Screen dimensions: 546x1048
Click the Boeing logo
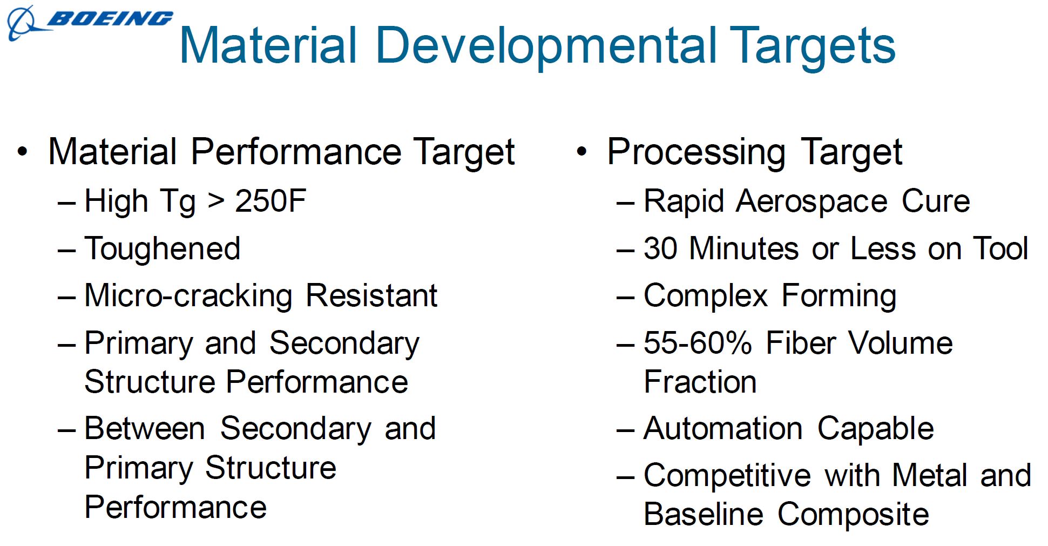(x=89, y=22)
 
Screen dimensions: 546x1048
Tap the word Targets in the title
(x=815, y=46)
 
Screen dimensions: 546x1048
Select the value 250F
(x=271, y=201)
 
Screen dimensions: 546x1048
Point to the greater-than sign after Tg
(x=215, y=201)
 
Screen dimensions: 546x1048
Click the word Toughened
(x=163, y=249)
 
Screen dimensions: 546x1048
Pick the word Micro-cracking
(x=188, y=296)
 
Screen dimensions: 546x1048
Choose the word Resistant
(x=371, y=296)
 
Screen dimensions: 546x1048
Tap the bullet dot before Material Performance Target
(x=22, y=152)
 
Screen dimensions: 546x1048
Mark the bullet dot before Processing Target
(x=581, y=152)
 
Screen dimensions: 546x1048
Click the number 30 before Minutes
(x=660, y=249)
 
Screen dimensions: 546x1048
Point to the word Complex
(x=706, y=296)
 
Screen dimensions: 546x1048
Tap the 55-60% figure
(x=698, y=343)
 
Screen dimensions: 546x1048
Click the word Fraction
(x=700, y=382)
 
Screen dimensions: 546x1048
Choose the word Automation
(x=723, y=429)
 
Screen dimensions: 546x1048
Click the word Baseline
(x=704, y=514)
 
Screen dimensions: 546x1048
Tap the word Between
(x=145, y=429)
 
